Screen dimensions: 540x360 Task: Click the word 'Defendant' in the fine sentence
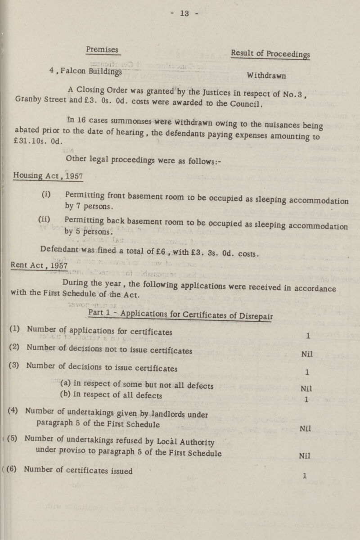point(59,254)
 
